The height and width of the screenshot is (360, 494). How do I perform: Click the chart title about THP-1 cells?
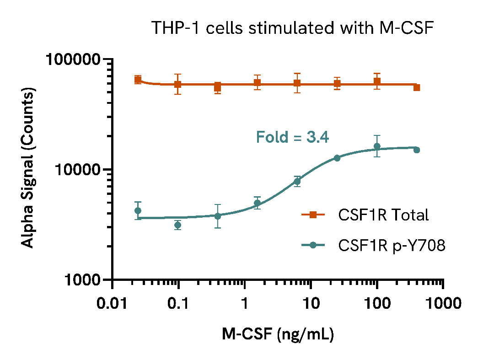click(292, 28)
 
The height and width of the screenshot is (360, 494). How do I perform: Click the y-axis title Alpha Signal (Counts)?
click(28, 169)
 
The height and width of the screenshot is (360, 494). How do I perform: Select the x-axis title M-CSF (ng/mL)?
click(278, 334)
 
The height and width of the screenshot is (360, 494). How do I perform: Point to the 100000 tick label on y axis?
click(74, 59)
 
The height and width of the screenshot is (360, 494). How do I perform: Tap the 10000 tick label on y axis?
click(78, 170)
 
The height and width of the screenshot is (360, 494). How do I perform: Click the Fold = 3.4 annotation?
click(292, 137)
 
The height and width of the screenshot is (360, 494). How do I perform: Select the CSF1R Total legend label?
click(383, 215)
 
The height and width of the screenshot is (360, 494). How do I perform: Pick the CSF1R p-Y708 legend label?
click(392, 246)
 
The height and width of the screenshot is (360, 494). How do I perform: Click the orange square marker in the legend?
click(313, 215)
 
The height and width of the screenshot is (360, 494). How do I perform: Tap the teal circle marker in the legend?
click(313, 246)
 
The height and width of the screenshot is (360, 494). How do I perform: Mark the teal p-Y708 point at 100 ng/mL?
click(377, 146)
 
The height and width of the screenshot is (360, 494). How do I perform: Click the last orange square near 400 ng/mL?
click(417, 87)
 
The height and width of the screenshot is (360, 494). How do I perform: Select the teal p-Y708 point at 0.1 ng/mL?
click(178, 225)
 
